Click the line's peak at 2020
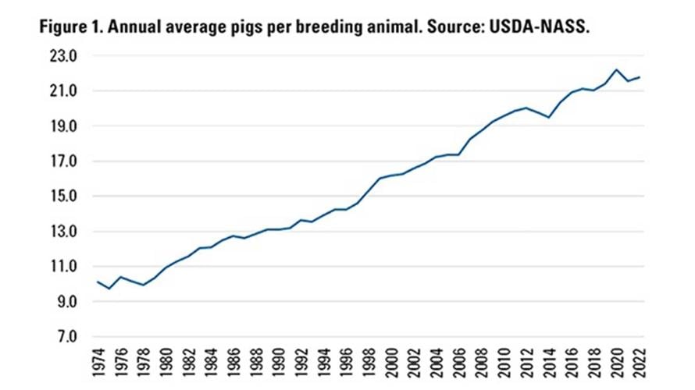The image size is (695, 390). coord(617,69)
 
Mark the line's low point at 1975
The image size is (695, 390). coord(109,289)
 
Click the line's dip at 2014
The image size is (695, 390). coord(549,117)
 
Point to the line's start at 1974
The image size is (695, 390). coord(98,281)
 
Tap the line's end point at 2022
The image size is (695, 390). coord(640,77)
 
